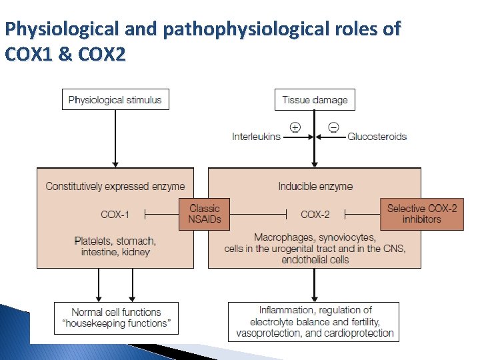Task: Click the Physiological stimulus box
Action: [x=115, y=100]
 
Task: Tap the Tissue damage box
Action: [x=315, y=100]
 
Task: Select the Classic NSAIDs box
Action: [x=205, y=214]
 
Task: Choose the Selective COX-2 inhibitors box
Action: [x=422, y=214]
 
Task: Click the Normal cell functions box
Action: [x=117, y=318]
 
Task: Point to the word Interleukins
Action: [x=256, y=137]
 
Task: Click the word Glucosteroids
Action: [x=377, y=137]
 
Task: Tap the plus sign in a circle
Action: [x=295, y=127]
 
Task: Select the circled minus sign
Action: [x=333, y=127]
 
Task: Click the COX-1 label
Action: [x=115, y=214]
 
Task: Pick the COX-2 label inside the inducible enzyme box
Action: [x=315, y=214]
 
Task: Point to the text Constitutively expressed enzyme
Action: [x=115, y=186]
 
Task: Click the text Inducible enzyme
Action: [x=315, y=186]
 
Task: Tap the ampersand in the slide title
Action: [x=65, y=53]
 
